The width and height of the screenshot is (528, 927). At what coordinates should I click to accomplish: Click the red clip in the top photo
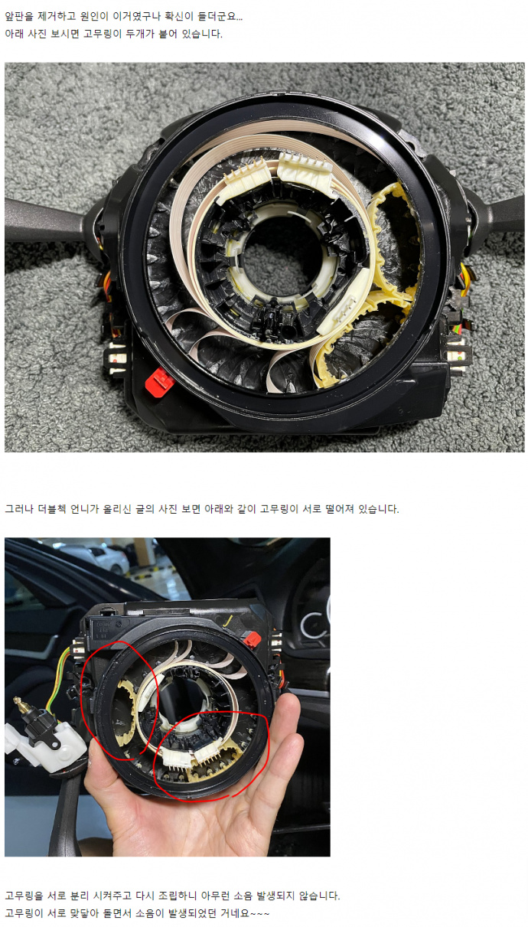click(160, 381)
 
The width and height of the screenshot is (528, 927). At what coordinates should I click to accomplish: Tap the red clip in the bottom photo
click(252, 639)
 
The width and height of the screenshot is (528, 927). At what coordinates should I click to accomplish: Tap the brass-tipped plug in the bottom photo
click(19, 703)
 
